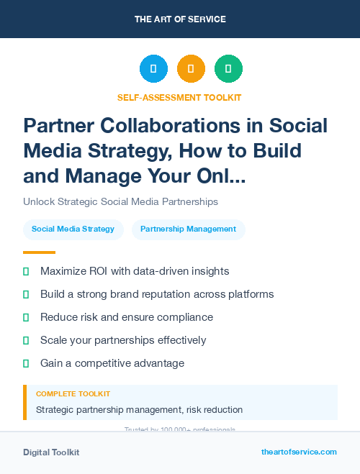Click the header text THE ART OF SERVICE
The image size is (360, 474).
tap(180, 19)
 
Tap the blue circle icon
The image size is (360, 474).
tap(153, 69)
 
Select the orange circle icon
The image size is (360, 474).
tap(191, 69)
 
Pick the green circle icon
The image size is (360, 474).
tap(228, 69)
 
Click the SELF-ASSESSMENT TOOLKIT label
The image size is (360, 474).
tap(180, 97)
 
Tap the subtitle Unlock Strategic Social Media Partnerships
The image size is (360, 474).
tap(120, 201)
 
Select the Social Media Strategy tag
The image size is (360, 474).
tap(73, 229)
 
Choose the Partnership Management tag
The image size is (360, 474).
tap(188, 229)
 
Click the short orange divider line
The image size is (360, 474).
tap(39, 252)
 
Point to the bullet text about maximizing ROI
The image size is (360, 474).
tap(135, 271)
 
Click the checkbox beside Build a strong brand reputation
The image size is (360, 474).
tap(26, 294)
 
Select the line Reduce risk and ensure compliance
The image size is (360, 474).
tap(127, 317)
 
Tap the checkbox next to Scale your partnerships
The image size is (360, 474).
tap(26, 340)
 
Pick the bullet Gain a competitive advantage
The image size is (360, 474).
tap(112, 363)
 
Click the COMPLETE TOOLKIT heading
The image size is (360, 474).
tap(73, 394)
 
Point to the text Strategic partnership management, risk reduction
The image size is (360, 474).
tap(139, 410)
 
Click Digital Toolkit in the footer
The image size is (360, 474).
tap(51, 452)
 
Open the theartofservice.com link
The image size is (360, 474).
tap(299, 452)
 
